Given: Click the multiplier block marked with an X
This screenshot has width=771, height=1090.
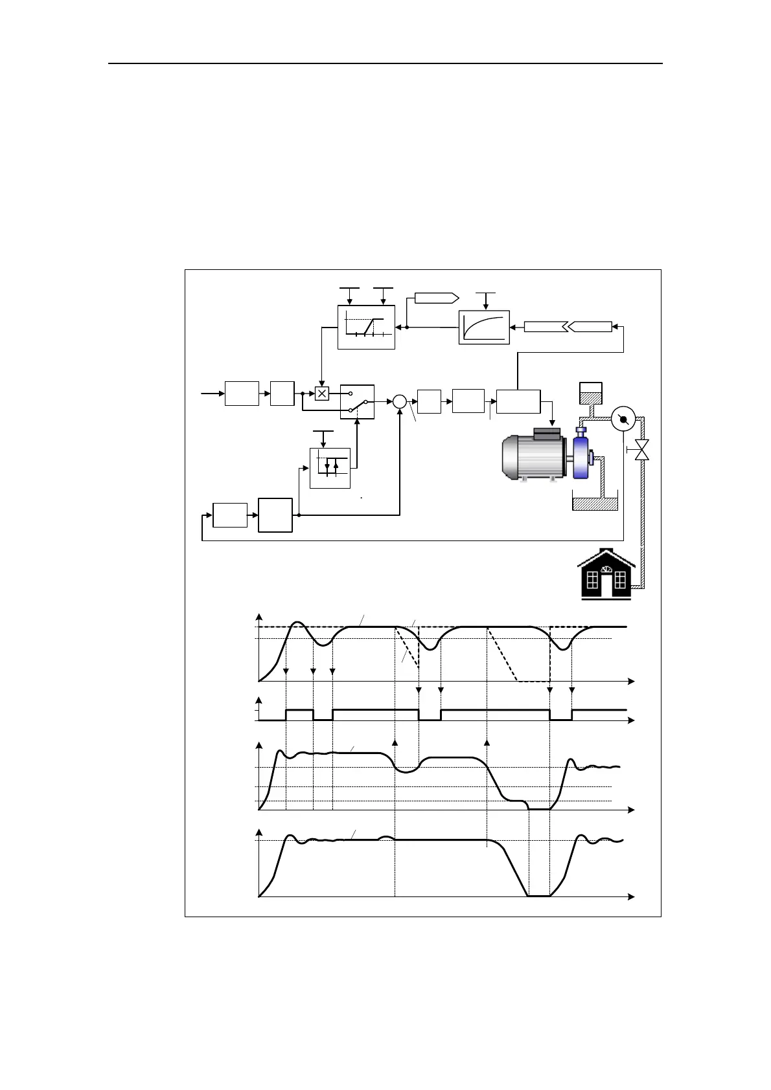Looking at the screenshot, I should [x=322, y=393].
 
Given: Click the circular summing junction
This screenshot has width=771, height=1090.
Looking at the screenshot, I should [x=400, y=401].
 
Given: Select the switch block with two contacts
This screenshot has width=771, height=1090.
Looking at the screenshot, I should [x=357, y=401].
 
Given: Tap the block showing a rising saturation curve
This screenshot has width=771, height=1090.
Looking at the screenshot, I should [x=484, y=328].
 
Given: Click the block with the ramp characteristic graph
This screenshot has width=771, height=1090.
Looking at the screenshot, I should [x=366, y=327].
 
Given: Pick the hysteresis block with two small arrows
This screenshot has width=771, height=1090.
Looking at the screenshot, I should [x=330, y=467].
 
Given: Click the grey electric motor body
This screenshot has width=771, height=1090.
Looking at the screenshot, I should [x=535, y=457].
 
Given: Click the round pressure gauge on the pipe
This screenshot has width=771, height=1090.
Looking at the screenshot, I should [x=623, y=419].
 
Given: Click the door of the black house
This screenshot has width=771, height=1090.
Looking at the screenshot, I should [x=606, y=584].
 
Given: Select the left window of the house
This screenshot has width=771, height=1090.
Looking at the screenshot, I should [x=591, y=580].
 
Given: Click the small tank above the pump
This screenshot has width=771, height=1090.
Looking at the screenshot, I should [x=590, y=392].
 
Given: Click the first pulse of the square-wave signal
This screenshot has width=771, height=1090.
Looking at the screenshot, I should [x=299, y=710].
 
